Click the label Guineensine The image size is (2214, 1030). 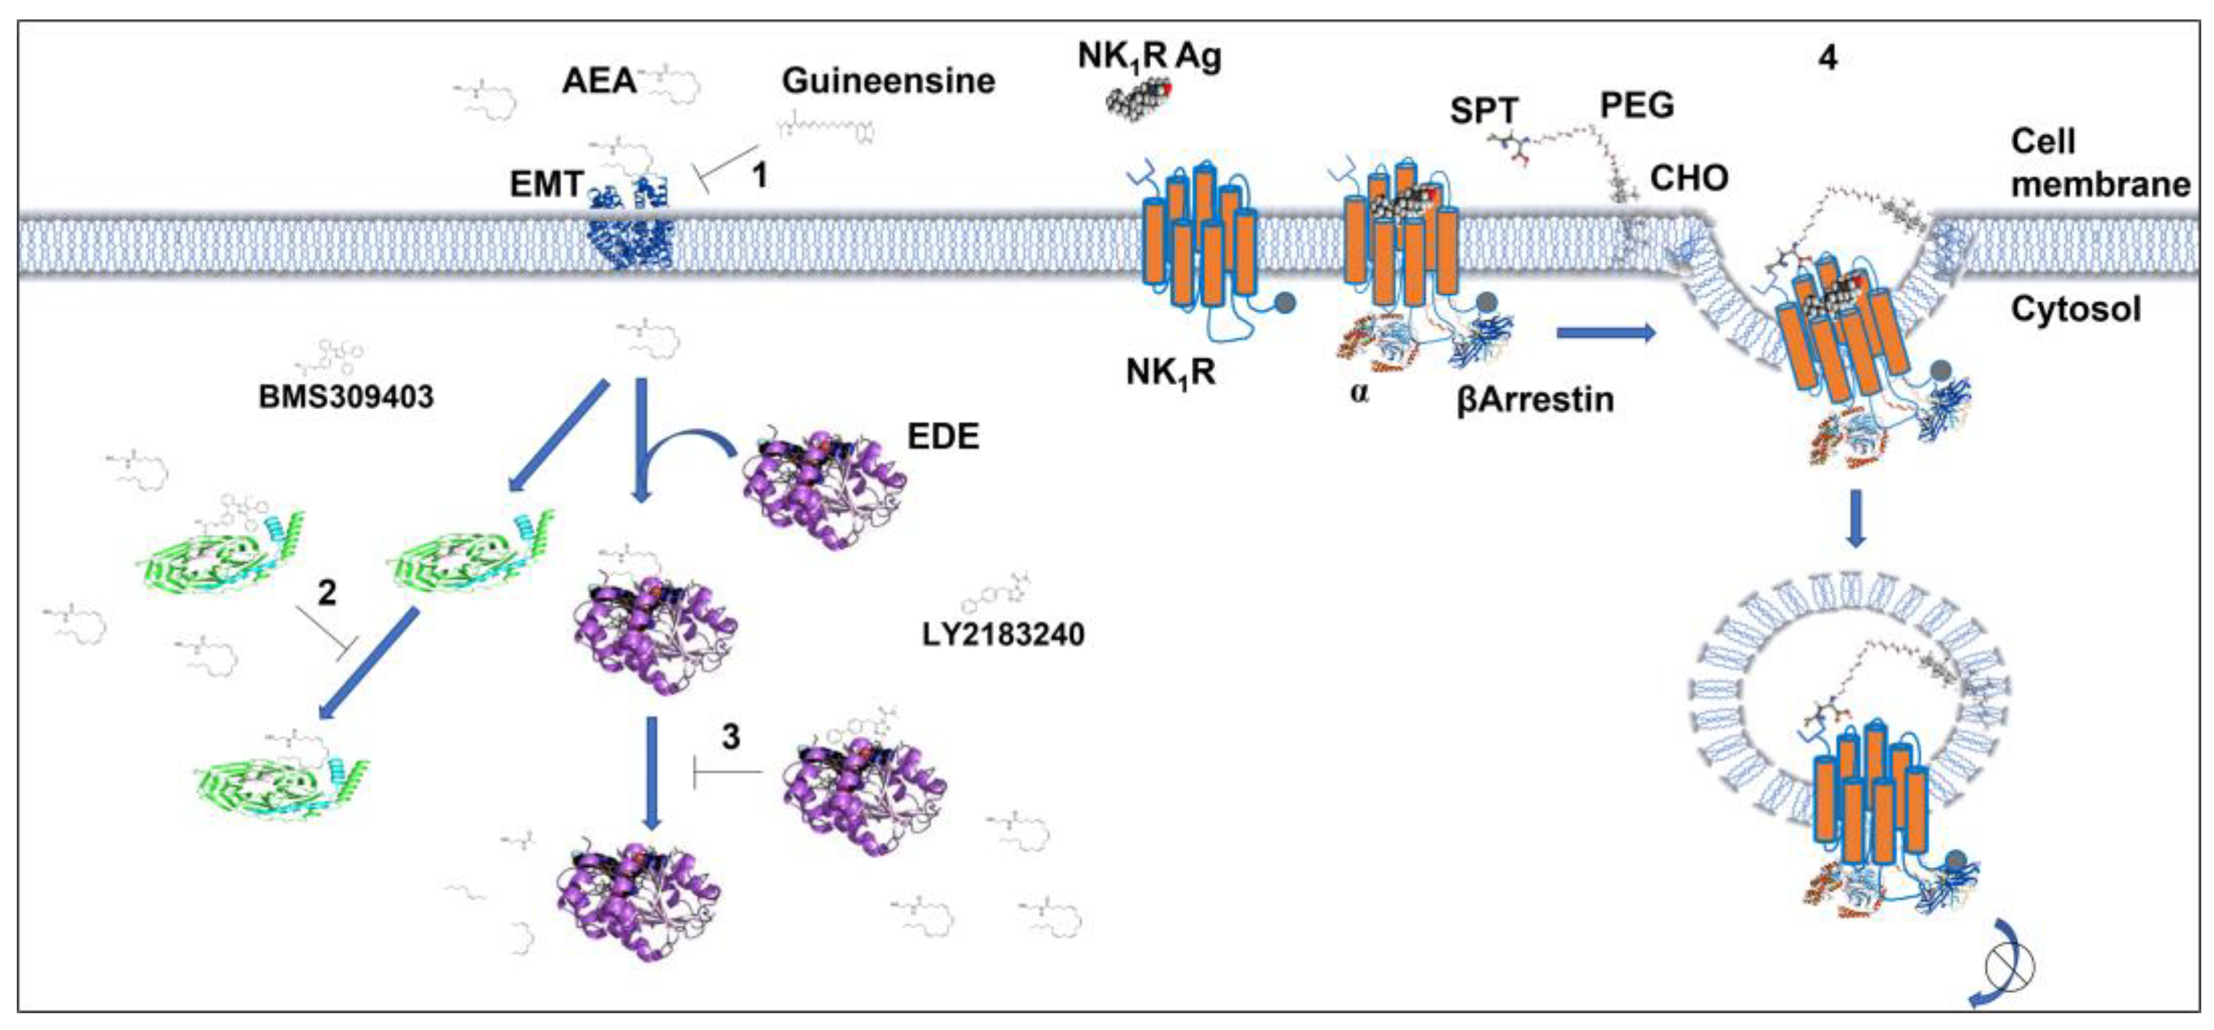point(888,81)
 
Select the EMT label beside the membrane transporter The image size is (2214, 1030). point(546,184)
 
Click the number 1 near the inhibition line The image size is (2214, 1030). point(759,176)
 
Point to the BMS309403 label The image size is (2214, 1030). point(345,397)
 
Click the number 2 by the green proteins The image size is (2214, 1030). point(326,592)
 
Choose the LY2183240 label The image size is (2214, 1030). point(1003,634)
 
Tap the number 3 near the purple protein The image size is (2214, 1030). point(731,737)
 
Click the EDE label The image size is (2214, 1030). point(943,437)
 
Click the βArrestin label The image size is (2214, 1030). point(1535,400)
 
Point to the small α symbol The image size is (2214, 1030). point(1359,395)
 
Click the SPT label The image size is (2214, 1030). point(1483,112)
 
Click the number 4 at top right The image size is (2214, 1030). point(1828,58)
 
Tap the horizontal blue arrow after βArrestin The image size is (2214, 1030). point(1605,333)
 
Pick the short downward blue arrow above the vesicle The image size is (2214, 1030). point(1855,518)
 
